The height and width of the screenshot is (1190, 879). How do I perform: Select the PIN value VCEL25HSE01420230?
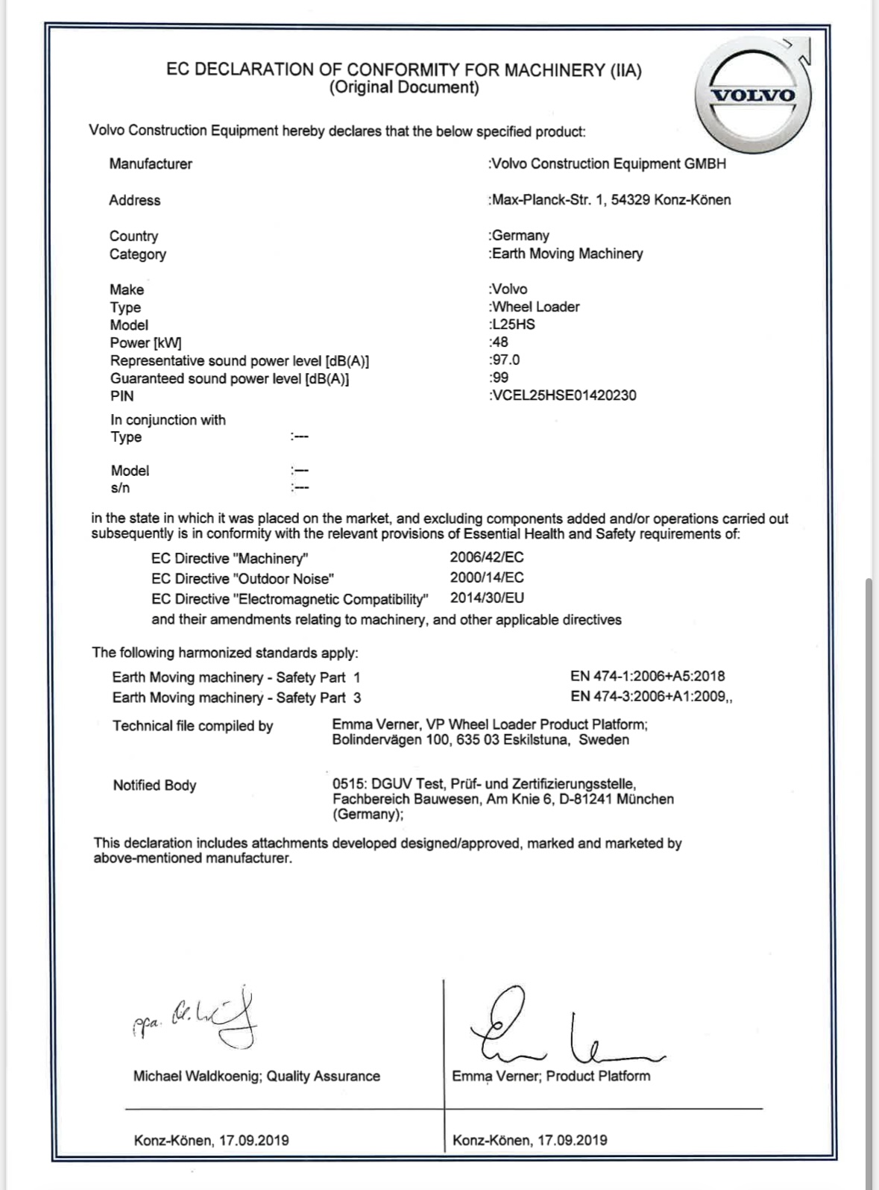(x=564, y=395)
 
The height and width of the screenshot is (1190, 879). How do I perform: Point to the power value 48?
(x=500, y=342)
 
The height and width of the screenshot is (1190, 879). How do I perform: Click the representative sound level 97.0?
(x=505, y=360)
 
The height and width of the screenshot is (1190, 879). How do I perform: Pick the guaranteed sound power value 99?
(x=500, y=378)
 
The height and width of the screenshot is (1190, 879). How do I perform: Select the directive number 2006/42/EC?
(x=487, y=557)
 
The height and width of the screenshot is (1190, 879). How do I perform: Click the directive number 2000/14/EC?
(x=487, y=577)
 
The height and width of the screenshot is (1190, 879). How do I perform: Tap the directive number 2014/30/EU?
(x=487, y=598)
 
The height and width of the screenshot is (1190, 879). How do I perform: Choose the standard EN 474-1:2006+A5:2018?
(x=647, y=677)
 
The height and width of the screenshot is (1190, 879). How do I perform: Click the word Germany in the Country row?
(x=520, y=236)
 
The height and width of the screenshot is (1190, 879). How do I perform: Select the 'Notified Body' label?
(x=154, y=785)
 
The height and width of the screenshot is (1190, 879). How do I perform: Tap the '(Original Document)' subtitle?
(x=403, y=87)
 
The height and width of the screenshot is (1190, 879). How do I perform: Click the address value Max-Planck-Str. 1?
(x=548, y=200)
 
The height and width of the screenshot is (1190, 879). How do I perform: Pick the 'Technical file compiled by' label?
(x=192, y=726)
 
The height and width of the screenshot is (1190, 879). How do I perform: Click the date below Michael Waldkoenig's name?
(x=211, y=1140)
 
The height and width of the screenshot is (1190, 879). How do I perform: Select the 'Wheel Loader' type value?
(x=535, y=307)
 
